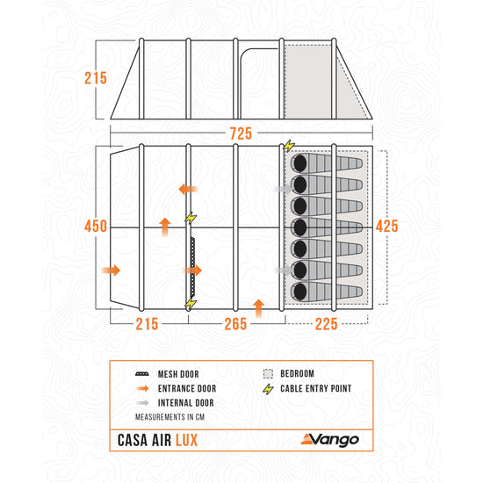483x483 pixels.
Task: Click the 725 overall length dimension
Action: pos(241,133)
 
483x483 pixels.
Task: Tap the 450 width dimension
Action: pos(96,226)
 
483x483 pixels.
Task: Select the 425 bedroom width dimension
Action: pos(387,226)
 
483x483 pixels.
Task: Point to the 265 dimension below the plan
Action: pos(235,324)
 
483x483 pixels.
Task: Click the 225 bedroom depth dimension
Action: pos(326,324)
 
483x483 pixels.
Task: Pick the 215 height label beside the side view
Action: pos(96,78)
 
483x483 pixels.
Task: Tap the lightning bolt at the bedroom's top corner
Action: pos(289,146)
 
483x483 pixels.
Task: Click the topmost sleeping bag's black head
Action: pos(299,163)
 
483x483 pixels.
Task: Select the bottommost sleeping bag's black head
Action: pos(299,292)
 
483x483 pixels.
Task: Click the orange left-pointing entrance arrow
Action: pos(188,189)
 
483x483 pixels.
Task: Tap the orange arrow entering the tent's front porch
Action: pos(111,270)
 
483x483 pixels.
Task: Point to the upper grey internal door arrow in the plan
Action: pos(284,189)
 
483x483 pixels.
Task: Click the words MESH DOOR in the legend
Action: pos(178,374)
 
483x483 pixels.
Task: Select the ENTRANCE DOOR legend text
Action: pos(187,388)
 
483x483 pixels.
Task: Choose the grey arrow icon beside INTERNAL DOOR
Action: pos(142,403)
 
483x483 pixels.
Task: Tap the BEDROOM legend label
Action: pos(297,373)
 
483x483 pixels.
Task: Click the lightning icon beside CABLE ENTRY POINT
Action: pos(269,389)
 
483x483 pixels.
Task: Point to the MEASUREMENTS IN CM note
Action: pos(169,417)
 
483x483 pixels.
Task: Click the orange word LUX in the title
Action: pos(187,440)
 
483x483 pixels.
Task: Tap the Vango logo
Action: pos(330,440)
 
